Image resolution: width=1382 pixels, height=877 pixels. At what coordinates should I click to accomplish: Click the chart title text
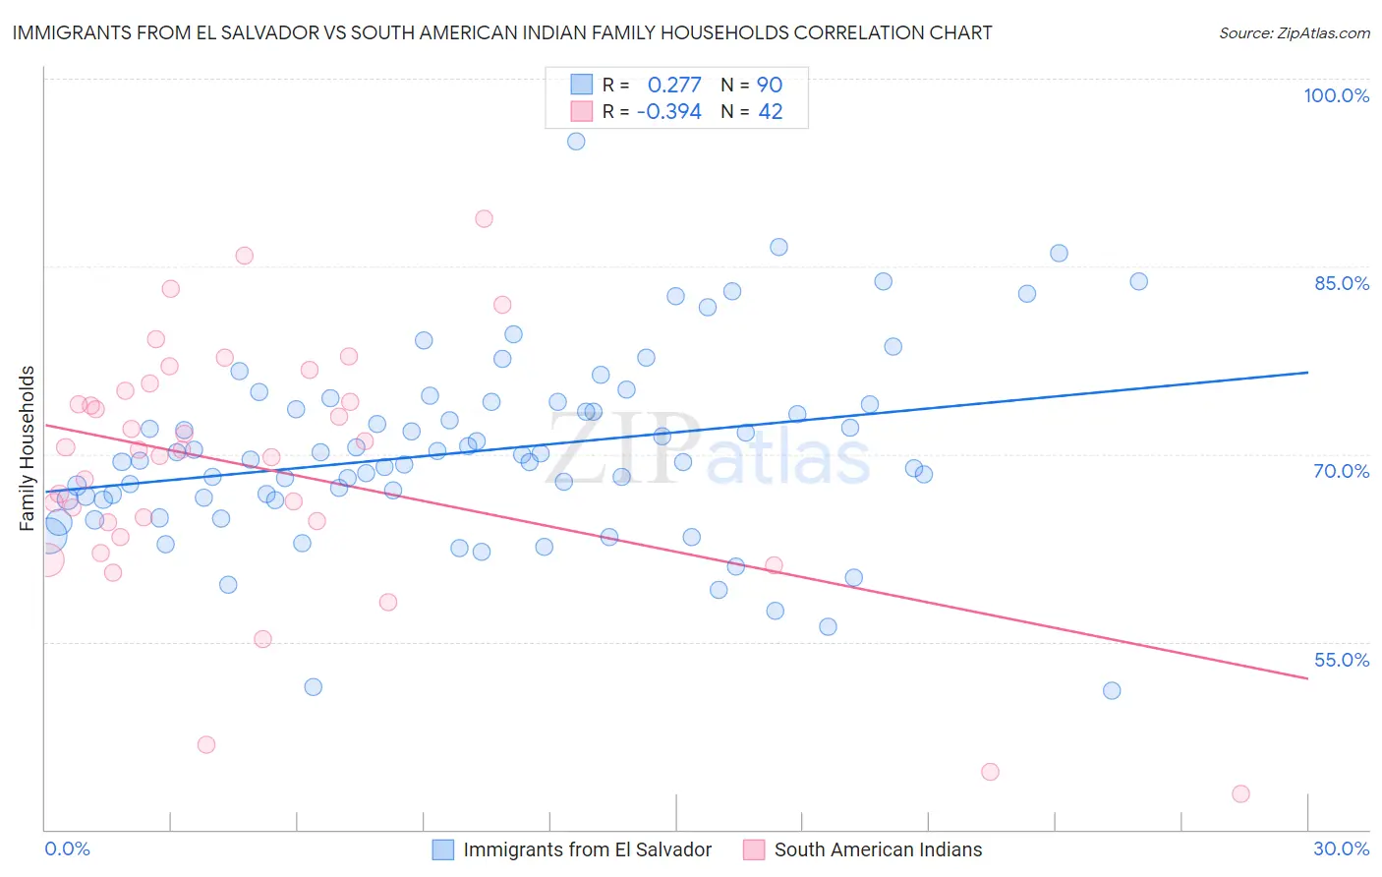502,32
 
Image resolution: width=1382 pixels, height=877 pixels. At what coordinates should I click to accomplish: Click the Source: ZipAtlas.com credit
1294,32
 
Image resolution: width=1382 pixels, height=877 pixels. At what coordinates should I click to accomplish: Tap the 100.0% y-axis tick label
1336,95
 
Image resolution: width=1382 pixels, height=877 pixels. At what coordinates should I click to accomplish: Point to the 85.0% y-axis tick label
1342,283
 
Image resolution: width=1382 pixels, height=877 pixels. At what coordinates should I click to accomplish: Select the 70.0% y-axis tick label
1342,471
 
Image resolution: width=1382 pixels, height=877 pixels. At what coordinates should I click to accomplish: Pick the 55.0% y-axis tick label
1342,660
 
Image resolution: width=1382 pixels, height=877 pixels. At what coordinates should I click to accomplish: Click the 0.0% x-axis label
67,848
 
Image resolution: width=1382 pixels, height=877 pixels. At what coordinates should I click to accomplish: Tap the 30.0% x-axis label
1341,848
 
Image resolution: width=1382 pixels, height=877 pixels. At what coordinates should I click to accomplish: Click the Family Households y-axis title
28,448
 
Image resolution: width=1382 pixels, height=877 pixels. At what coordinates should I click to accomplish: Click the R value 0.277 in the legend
674,86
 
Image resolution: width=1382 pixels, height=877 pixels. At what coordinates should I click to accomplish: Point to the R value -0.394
669,112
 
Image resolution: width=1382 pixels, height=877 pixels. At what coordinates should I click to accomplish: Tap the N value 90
770,86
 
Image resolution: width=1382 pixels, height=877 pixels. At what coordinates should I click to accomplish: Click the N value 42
770,112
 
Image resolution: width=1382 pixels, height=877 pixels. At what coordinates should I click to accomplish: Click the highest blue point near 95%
576,142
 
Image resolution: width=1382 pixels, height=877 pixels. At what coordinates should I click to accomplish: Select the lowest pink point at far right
1240,793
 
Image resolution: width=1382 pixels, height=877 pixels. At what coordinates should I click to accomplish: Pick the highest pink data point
484,219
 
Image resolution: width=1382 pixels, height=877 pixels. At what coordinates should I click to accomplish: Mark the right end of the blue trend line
1307,373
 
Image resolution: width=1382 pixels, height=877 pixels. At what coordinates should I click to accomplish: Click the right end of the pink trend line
1307,678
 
